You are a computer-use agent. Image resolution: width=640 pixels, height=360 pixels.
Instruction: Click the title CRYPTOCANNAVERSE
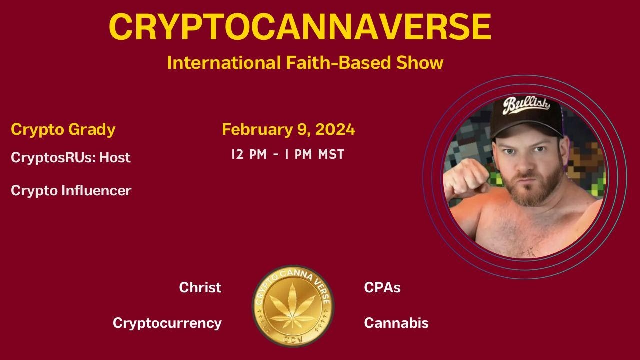300,27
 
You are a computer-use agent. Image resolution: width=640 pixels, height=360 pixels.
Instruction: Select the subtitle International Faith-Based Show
305,63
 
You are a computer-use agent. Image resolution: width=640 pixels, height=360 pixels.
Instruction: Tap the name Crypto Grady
63,129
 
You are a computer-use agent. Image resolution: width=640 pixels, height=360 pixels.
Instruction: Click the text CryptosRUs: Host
70,157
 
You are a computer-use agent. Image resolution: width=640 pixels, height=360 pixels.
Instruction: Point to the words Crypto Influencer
71,190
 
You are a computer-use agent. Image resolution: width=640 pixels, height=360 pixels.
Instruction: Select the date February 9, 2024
288,129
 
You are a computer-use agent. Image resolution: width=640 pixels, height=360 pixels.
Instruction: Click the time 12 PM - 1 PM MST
288,154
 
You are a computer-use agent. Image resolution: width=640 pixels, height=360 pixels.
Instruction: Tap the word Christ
200,287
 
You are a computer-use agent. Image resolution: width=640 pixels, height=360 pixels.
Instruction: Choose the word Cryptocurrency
167,323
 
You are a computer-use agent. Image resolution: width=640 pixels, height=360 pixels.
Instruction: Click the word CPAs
382,287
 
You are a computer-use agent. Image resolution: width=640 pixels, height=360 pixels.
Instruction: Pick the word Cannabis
396,323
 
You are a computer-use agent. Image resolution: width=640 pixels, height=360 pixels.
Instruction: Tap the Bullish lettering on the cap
526,105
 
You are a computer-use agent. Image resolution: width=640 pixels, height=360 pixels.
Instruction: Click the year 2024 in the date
335,129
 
